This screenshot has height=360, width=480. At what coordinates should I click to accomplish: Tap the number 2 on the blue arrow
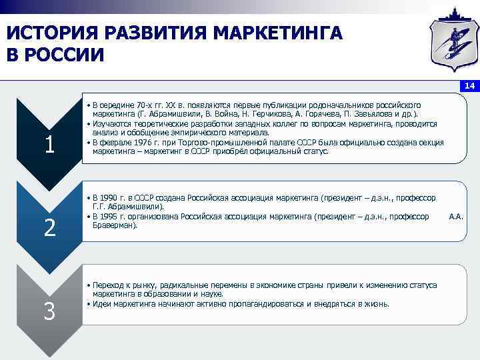click(x=49, y=228)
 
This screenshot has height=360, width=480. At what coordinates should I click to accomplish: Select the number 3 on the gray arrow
click(x=49, y=311)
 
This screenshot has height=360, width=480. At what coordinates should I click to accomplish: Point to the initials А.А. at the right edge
click(x=457, y=217)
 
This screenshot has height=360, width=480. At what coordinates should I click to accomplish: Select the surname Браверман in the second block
click(x=113, y=226)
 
